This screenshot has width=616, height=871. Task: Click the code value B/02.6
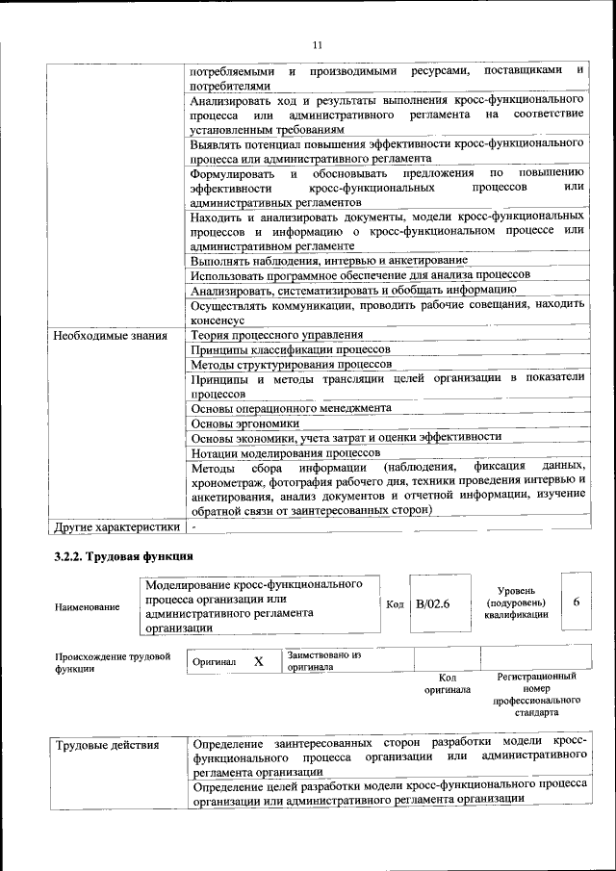click(433, 602)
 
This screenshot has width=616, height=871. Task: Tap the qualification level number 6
click(576, 602)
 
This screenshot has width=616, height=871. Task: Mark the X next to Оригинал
click(258, 661)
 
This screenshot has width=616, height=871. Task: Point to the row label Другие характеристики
click(117, 526)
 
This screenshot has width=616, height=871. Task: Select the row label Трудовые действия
click(107, 745)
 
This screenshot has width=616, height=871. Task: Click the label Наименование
click(88, 607)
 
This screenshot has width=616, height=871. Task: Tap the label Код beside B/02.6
click(395, 603)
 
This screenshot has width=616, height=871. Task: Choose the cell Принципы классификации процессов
click(290, 349)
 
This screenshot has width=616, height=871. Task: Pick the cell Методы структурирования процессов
click(291, 365)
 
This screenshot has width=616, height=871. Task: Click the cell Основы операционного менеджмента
click(291, 408)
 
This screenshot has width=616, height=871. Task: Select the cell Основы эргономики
click(244, 423)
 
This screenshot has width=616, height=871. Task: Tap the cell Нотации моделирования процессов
click(285, 452)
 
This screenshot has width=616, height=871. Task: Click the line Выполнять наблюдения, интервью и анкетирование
click(328, 260)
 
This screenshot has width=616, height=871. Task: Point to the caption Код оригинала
click(447, 683)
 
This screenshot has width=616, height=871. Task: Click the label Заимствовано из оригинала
click(323, 660)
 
